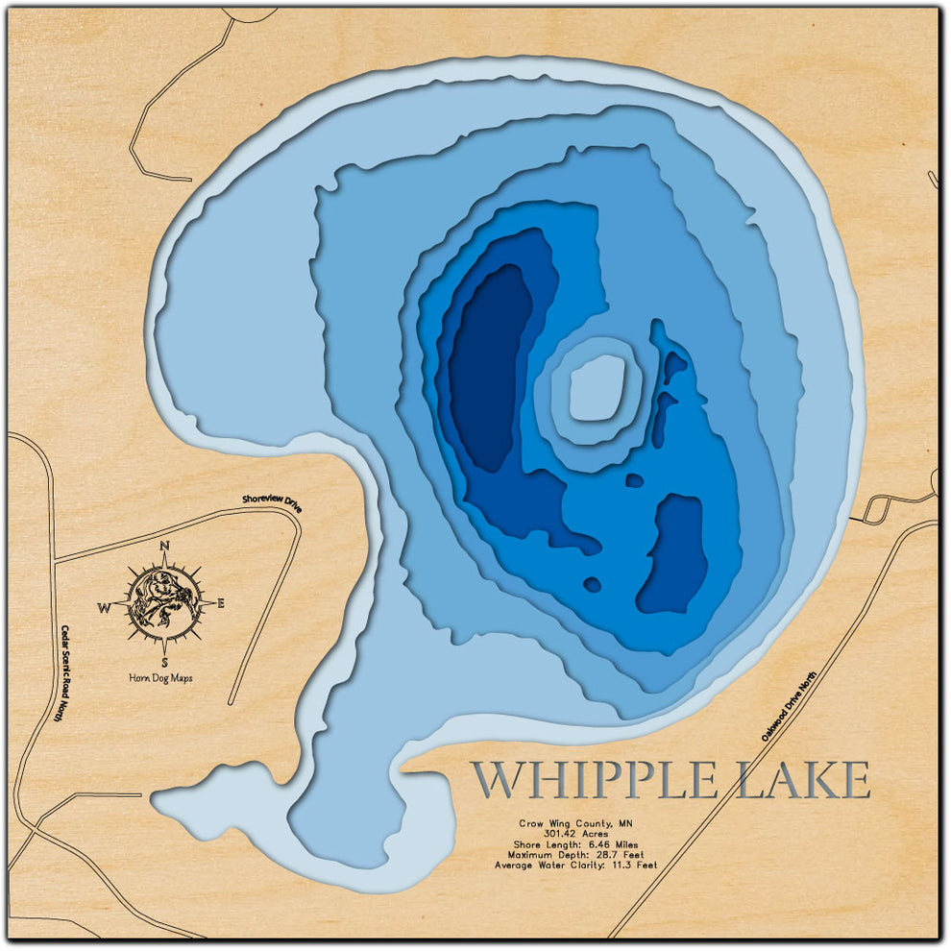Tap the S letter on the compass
pyautogui.click(x=165, y=662)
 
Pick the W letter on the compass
pyautogui.click(x=105, y=607)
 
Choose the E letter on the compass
pyautogui.click(x=220, y=604)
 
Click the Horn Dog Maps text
pyautogui.click(x=160, y=678)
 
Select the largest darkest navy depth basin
pyautogui.click(x=487, y=365)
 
